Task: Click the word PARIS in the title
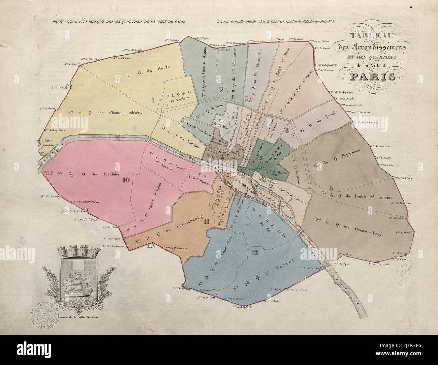(x=372, y=76)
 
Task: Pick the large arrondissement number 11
(x=207, y=221)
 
